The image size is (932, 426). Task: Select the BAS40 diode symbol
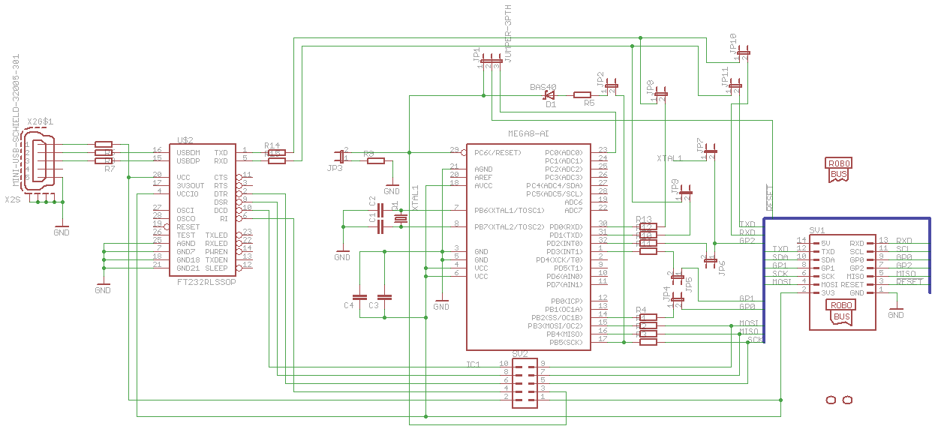(x=549, y=95)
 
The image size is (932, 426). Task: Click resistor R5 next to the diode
(x=583, y=95)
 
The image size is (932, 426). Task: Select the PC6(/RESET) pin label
(x=498, y=152)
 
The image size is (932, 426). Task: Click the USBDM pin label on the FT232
(x=188, y=152)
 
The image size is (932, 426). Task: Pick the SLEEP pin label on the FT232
(x=217, y=268)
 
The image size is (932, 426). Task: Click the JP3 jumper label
(x=335, y=168)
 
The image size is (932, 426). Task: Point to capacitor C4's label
(x=349, y=305)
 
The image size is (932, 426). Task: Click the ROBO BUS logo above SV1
(x=839, y=171)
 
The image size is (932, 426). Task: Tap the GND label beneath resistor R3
(x=392, y=191)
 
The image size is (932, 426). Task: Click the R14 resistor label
(x=272, y=145)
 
